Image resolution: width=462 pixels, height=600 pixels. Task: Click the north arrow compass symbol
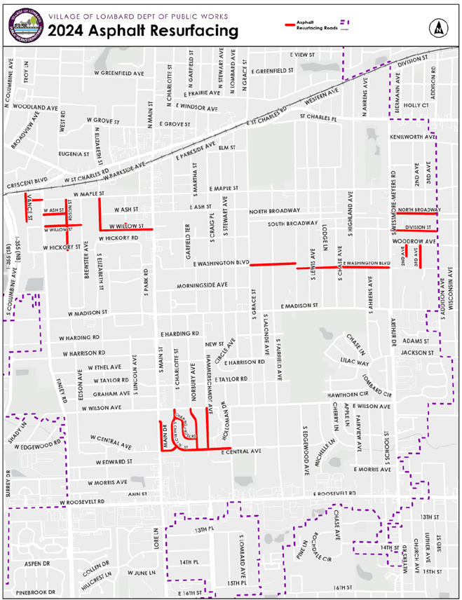tap(438, 28)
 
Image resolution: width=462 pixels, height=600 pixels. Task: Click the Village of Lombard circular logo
tap(22, 24)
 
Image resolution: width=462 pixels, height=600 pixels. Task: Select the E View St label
tap(304, 55)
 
